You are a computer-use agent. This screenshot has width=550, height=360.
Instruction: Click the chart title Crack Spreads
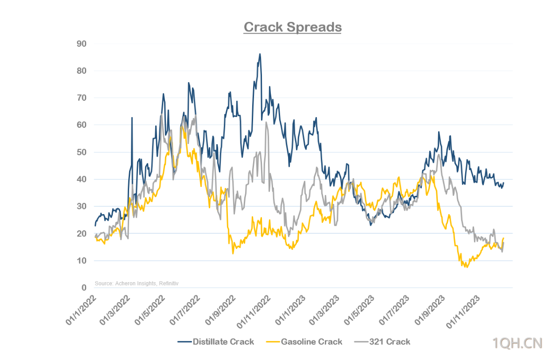coord(292,27)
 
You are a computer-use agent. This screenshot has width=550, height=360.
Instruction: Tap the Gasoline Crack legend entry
coord(311,342)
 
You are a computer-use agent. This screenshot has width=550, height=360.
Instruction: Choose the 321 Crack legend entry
coord(389,342)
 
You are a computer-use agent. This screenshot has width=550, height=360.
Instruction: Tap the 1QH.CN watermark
coord(518,344)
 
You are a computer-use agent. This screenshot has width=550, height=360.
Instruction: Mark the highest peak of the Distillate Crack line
coord(260,54)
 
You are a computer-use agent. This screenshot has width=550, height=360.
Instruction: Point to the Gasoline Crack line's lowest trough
coord(466,267)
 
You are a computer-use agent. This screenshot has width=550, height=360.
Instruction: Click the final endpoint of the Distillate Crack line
coord(504,183)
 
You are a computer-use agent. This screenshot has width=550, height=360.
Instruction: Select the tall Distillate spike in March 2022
coord(132,118)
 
